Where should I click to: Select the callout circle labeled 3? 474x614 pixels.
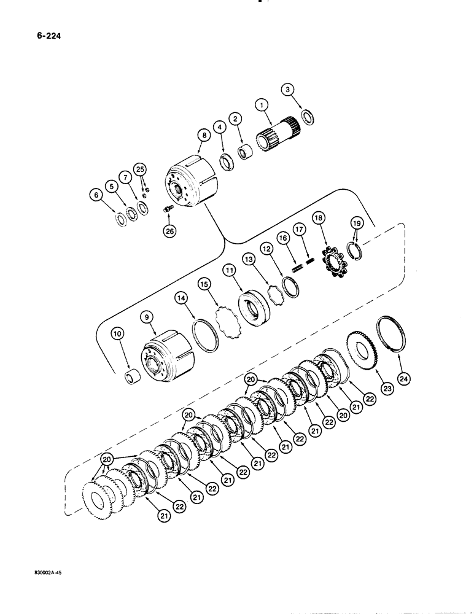(x=287, y=90)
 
